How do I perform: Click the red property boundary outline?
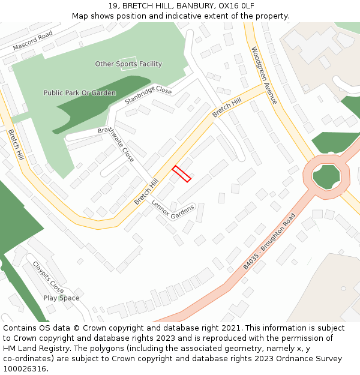click(182, 173)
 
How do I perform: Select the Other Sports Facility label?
click(128, 64)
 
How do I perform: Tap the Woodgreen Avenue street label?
click(265, 75)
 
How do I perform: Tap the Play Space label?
click(61, 298)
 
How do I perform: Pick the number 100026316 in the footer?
click(25, 368)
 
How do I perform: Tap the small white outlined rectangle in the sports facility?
click(128, 64)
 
